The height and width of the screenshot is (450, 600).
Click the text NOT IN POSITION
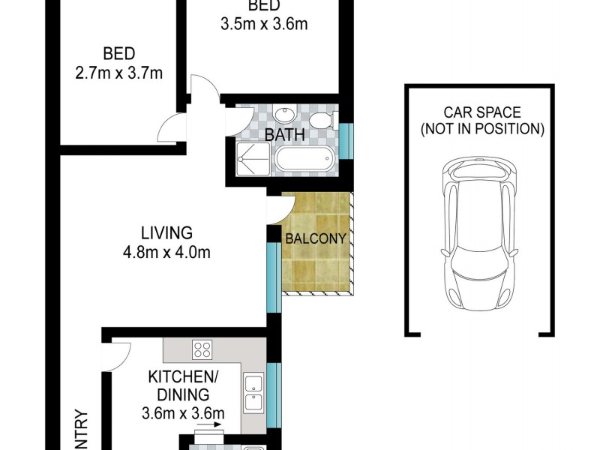481,128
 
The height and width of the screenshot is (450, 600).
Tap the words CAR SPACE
481,112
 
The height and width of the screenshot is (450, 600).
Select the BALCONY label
315,239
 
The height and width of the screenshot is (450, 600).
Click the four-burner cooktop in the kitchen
202,349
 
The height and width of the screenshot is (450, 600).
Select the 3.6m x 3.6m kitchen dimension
183,412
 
